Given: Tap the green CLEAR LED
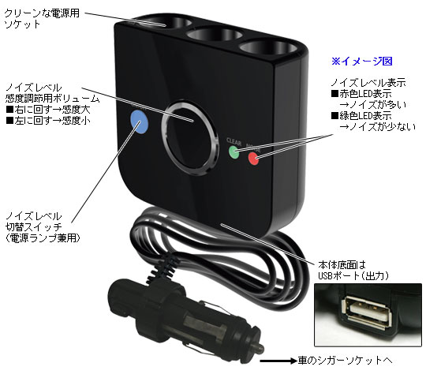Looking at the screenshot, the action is click(234, 152).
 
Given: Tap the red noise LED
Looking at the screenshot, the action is click(253, 158).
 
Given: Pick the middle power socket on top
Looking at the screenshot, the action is click(215, 36).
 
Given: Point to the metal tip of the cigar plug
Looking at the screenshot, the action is click(258, 348).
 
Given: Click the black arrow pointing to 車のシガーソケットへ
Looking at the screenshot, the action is click(278, 361).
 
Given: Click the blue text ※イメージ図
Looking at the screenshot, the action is click(362, 62).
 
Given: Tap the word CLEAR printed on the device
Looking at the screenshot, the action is click(234, 141).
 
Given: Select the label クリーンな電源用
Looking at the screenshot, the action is click(42, 13).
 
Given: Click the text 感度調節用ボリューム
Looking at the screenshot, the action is click(52, 99).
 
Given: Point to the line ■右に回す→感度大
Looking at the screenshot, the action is click(48, 110).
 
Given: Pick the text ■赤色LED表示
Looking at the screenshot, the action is click(361, 94).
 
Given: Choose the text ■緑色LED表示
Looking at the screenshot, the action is click(361, 116).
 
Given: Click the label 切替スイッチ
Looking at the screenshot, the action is click(34, 227).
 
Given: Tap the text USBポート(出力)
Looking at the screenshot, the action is click(353, 276).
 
